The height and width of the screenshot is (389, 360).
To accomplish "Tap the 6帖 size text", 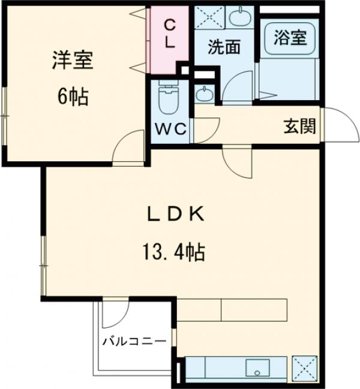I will [x=73, y=95].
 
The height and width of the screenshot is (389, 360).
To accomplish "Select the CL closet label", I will [x=170, y=34].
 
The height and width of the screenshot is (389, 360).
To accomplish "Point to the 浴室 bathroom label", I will [x=290, y=38].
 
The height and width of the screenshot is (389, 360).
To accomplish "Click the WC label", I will [x=172, y=128].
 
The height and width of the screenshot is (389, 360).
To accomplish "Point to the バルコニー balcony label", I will [x=133, y=342].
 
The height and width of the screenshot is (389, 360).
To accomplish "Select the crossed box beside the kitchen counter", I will [x=304, y=366].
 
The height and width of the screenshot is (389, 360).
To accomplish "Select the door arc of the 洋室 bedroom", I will [x=128, y=150].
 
